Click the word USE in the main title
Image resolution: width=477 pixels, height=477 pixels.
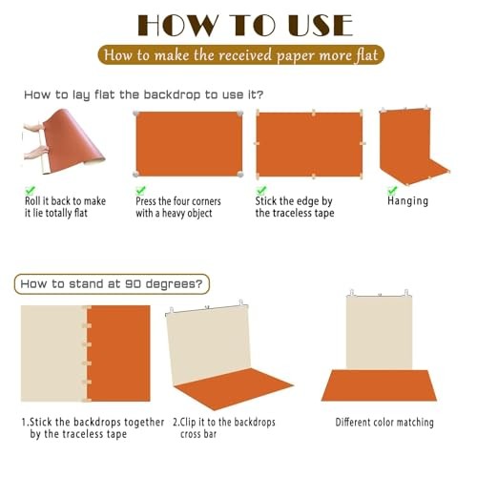point(321,25)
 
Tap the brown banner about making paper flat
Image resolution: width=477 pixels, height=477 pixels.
point(241,55)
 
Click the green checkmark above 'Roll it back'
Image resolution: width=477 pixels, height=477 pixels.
point(31,190)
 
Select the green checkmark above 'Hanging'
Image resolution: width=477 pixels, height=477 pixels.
point(392,190)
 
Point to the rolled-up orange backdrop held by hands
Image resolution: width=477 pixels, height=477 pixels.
point(70,140)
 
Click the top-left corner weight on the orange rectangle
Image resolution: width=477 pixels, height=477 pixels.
point(136,114)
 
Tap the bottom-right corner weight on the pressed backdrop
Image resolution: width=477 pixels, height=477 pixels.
point(240,174)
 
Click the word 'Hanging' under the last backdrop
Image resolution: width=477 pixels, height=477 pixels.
point(407,201)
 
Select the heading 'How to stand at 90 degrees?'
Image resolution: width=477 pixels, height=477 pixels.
point(112,283)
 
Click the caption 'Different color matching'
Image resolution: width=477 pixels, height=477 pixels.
point(384,423)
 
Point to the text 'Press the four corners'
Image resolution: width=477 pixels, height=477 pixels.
point(178,201)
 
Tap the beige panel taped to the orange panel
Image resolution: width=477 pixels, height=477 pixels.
point(53,353)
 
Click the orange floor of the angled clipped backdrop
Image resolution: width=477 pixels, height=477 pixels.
point(234,388)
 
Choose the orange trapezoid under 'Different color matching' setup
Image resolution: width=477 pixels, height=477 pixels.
point(379,385)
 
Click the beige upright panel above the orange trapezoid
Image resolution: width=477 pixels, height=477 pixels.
point(379,332)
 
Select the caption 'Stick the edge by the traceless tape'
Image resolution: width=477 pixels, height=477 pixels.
point(295,207)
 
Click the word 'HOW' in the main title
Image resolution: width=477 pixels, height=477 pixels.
point(178,25)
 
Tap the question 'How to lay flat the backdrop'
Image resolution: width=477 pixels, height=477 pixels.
point(144,94)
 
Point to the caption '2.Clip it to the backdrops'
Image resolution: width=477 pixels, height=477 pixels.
point(224,423)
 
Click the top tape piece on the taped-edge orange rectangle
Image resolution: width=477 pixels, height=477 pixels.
point(314,113)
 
